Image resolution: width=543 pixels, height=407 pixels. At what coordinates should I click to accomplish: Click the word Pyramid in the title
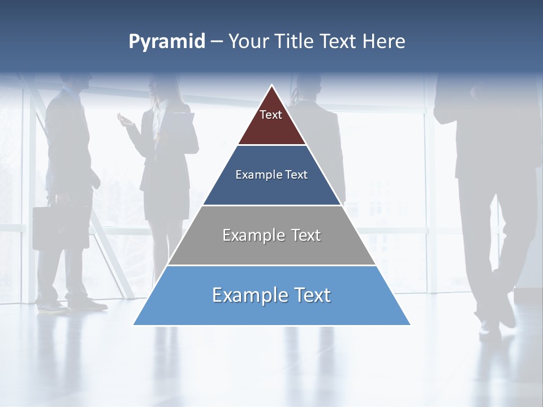[x=167, y=42]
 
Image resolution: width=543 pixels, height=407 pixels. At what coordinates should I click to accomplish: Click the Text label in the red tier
[x=271, y=115]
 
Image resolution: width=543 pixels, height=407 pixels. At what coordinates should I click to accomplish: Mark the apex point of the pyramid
[x=272, y=86]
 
